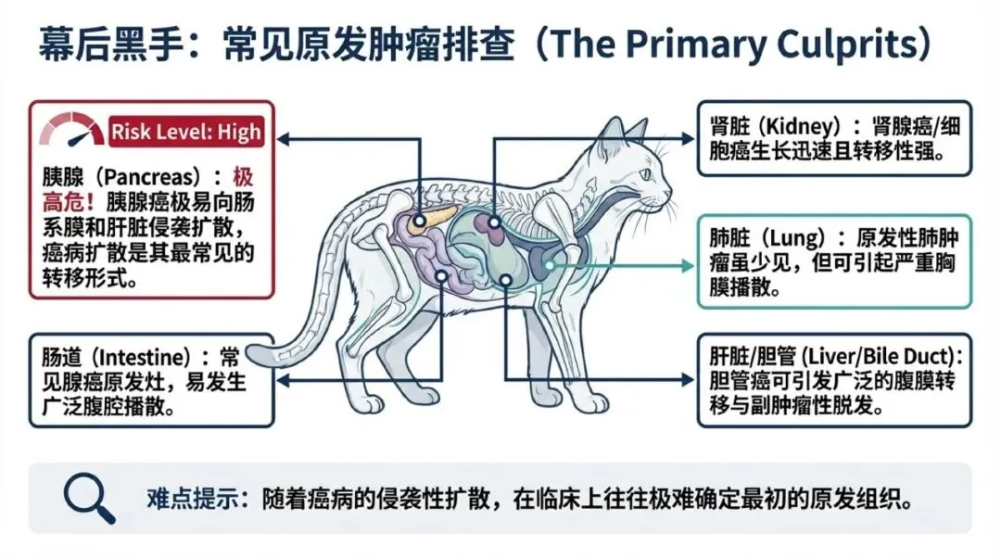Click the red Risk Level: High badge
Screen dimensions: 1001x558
[x=185, y=132]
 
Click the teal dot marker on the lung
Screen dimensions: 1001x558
[x=550, y=265]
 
